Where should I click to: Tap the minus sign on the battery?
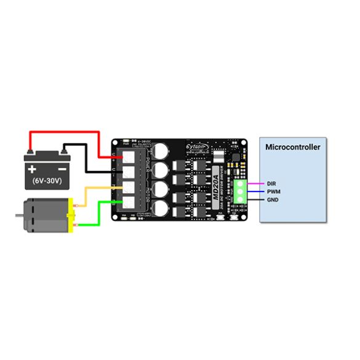63,168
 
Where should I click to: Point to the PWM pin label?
273,192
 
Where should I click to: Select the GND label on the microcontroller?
273,200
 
